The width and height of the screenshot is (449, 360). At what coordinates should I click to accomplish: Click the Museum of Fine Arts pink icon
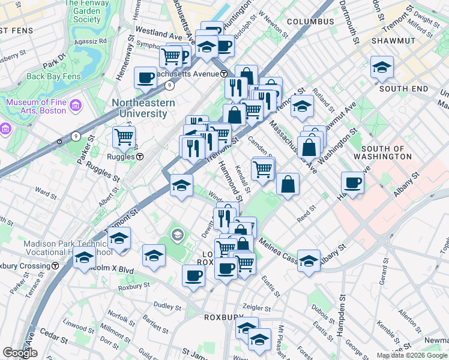pyautogui.click(x=75, y=107)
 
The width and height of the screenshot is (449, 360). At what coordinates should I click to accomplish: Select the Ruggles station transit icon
pyautogui.click(x=139, y=157)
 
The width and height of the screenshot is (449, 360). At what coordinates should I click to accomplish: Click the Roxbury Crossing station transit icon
pyautogui.click(x=55, y=265)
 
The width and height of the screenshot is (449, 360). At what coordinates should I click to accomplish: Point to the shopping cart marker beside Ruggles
pyautogui.click(x=124, y=137)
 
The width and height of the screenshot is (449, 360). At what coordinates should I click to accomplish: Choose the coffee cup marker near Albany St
pyautogui.click(x=353, y=182)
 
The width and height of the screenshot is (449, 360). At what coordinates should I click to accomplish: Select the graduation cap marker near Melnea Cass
pyautogui.click(x=309, y=260)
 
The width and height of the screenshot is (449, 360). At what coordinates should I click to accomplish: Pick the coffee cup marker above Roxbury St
pyautogui.click(x=193, y=275)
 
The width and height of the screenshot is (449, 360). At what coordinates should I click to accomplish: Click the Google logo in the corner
pyautogui.click(x=20, y=353)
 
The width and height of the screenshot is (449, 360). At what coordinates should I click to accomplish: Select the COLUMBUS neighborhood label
pyautogui.click(x=310, y=22)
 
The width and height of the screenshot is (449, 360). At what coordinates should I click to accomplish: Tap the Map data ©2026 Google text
pyautogui.click(x=412, y=355)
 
